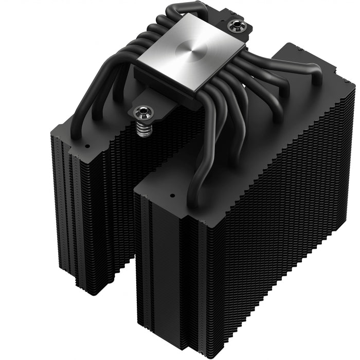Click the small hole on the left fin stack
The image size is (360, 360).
click(x=86, y=146)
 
